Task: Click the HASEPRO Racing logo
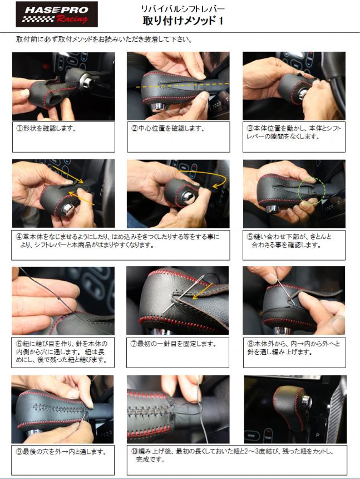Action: [57, 14]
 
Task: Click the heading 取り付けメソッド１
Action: [183, 21]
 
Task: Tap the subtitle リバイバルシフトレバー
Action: [183, 8]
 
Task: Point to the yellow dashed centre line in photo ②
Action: [182, 85]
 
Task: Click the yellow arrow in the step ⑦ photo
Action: [203, 291]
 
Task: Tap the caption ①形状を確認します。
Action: [46, 128]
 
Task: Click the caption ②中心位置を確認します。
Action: [168, 128]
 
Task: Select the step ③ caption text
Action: [293, 132]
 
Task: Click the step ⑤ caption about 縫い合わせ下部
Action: [289, 241]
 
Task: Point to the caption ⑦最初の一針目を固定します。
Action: [173, 344]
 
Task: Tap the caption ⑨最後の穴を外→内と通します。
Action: [61, 452]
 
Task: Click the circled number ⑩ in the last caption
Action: [135, 451]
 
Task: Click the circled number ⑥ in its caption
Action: [19, 344]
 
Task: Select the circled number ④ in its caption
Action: [19, 237]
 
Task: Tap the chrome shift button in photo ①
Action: [88, 82]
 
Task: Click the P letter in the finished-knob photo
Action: [318, 435]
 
